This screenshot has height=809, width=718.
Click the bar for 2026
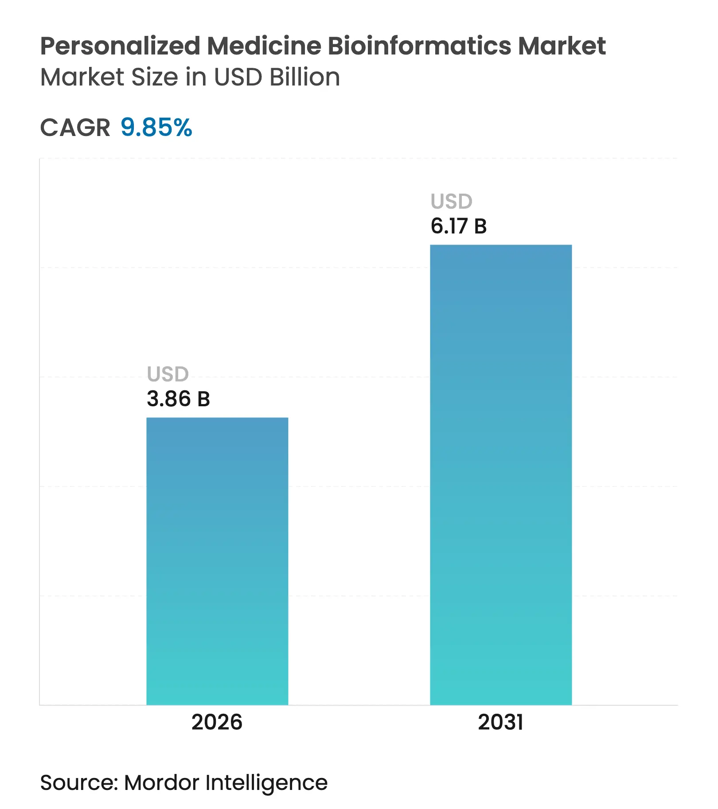[217, 560]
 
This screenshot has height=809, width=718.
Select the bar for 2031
[501, 474]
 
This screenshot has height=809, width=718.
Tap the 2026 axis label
[217, 722]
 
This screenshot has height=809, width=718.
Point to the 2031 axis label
[500, 722]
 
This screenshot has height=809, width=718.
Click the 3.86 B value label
[178, 399]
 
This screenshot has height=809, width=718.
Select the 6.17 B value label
[459, 226]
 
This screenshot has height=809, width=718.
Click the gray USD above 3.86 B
[168, 374]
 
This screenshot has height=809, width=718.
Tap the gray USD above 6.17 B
[452, 202]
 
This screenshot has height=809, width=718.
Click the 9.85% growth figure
[156, 128]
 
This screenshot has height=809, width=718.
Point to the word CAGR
[75, 128]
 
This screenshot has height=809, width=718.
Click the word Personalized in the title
[120, 46]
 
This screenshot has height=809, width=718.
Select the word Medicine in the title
[264, 46]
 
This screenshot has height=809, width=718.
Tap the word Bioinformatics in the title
[420, 46]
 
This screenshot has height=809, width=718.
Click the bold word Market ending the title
[562, 46]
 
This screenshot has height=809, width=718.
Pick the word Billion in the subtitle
[304, 77]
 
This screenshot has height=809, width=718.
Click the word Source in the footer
[78, 783]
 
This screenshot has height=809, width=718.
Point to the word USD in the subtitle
[238, 77]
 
